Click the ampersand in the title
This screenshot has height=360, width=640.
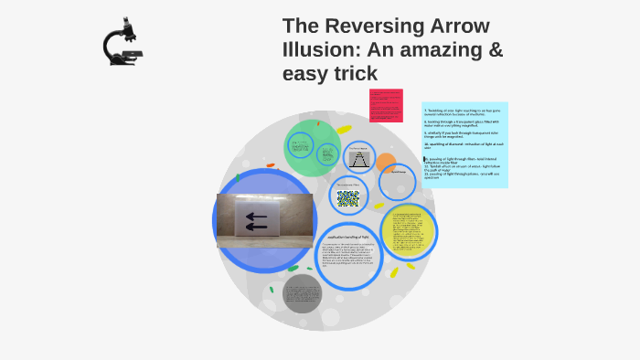pyautogui.click(x=493, y=49)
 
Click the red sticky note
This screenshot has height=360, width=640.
pyautogui.click(x=386, y=105)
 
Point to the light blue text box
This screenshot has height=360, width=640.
pyautogui.click(x=464, y=143)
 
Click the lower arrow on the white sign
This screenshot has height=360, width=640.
pyautogui.click(x=256, y=227)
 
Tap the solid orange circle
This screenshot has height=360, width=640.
pyautogui.click(x=386, y=164)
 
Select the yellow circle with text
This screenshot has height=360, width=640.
pyautogui.click(x=407, y=231)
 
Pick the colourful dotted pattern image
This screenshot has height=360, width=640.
pyautogui.click(x=347, y=197)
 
